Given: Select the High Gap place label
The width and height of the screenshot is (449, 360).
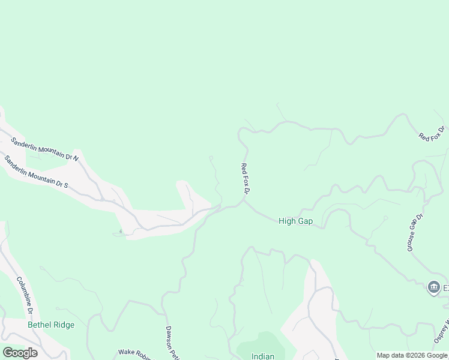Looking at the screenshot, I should pyautogui.click(x=295, y=221).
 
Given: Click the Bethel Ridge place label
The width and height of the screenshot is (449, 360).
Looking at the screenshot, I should pyautogui.click(x=51, y=325).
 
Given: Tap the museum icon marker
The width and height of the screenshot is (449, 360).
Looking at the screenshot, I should pyautogui.click(x=433, y=289).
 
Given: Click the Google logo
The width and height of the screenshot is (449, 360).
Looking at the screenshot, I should pyautogui.click(x=20, y=353).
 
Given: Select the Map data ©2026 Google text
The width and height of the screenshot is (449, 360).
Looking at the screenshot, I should pyautogui.click(x=412, y=355).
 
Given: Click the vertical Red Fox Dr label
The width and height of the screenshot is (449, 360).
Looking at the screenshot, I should pyautogui.click(x=245, y=178).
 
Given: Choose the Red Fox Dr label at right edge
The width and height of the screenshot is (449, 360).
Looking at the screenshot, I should pyautogui.click(x=432, y=133).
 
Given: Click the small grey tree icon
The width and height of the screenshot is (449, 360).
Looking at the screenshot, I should pyautogui.click(x=120, y=231).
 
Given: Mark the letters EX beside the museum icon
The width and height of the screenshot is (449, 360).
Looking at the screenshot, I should pyautogui.click(x=446, y=289).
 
